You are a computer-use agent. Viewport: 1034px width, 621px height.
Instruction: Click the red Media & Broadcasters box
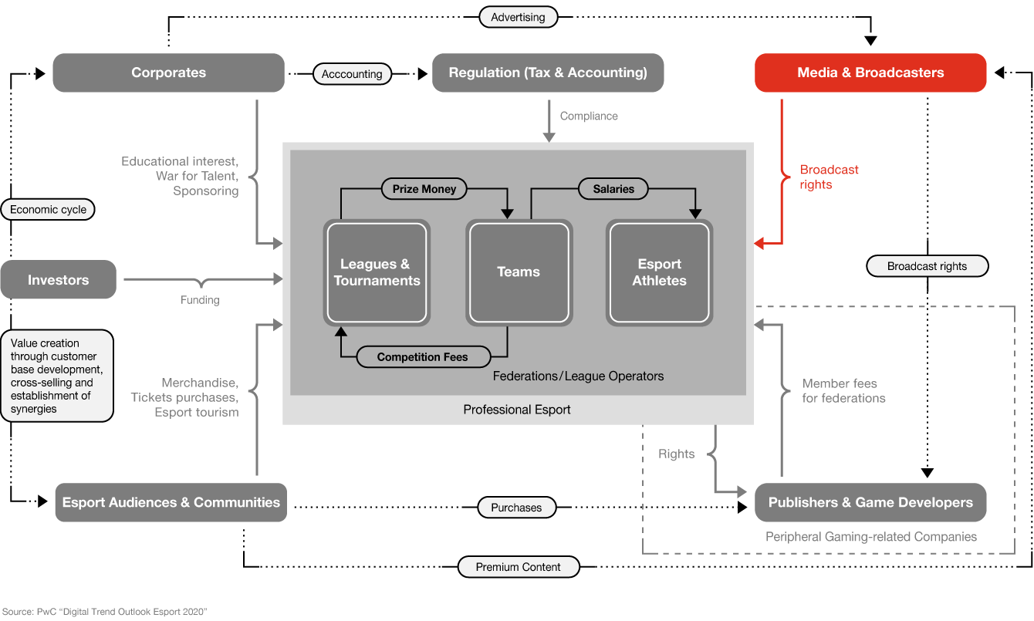pyautogui.click(x=870, y=73)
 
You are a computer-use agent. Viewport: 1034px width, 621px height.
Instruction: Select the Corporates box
pyautogui.click(x=168, y=73)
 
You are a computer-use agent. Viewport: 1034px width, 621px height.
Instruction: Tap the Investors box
pyautogui.click(x=58, y=279)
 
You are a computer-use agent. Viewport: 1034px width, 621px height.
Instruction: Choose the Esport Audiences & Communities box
pyautogui.click(x=171, y=502)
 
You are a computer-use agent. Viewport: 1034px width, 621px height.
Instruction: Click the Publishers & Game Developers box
pyautogui.click(x=870, y=502)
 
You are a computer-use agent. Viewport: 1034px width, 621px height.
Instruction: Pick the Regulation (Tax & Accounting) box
pyautogui.click(x=548, y=73)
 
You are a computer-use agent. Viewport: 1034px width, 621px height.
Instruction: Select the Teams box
pyautogui.click(x=519, y=272)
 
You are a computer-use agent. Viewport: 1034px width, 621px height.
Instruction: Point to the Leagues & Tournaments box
pyautogui.click(x=377, y=272)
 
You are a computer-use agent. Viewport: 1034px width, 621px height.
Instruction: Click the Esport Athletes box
pyautogui.click(x=659, y=272)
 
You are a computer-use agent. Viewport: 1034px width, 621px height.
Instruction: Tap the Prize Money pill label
pyautogui.click(x=424, y=189)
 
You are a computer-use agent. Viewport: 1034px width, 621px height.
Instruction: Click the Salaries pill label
pyautogui.click(x=613, y=189)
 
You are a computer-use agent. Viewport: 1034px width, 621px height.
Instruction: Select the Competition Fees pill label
pyautogui.click(x=423, y=356)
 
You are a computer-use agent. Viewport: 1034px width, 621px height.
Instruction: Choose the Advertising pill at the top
pyautogui.click(x=518, y=17)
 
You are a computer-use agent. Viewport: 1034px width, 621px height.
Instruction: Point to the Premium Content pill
pyautogui.click(x=519, y=566)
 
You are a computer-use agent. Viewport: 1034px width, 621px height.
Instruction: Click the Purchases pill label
pyautogui.click(x=516, y=507)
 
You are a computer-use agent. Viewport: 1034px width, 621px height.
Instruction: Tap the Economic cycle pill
pyautogui.click(x=48, y=210)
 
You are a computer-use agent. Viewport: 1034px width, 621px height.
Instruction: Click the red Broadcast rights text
pyautogui.click(x=829, y=177)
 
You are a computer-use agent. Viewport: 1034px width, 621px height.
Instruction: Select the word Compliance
pyautogui.click(x=589, y=116)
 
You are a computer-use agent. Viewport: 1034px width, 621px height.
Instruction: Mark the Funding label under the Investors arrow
pyautogui.click(x=200, y=300)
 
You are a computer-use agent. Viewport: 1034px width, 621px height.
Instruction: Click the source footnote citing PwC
pyautogui.click(x=105, y=611)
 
